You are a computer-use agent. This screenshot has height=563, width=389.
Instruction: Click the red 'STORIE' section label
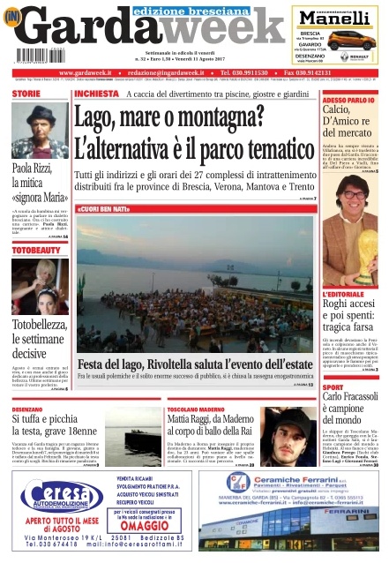point(26,93)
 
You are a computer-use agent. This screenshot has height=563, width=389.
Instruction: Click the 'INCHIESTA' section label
point(96,93)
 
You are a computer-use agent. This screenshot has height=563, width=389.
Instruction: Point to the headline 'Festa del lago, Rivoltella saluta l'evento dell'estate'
point(196,364)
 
